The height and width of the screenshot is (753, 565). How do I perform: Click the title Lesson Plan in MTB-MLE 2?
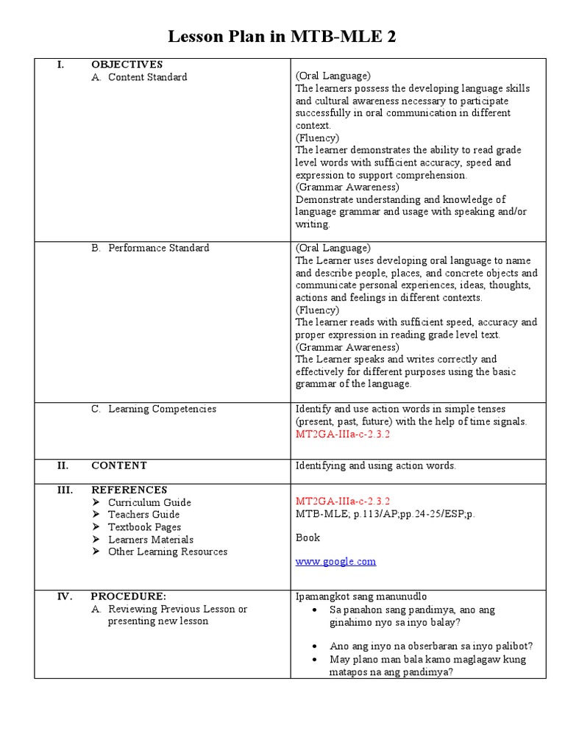tap(282, 37)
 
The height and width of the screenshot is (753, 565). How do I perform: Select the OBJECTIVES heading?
tap(127, 65)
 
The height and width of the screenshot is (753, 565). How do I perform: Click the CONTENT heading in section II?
tap(118, 465)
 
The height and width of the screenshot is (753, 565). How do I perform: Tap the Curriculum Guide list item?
tap(149, 503)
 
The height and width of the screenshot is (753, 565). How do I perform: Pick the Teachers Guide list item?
tap(143, 515)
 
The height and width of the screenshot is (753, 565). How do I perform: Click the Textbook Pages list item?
tap(144, 527)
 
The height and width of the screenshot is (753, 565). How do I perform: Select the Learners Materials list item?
tap(150, 540)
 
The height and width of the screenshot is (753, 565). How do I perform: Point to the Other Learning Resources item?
tap(167, 552)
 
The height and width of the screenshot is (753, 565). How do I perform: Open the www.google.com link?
tap(335, 561)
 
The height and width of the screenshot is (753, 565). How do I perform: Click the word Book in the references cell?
tap(308, 538)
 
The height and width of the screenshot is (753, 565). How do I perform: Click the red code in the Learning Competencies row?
tap(342, 434)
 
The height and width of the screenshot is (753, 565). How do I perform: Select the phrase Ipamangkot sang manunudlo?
tap(360, 596)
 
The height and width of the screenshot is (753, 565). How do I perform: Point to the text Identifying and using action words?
tap(375, 465)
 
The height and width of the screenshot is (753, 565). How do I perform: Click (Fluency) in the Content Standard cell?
tap(317, 138)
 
